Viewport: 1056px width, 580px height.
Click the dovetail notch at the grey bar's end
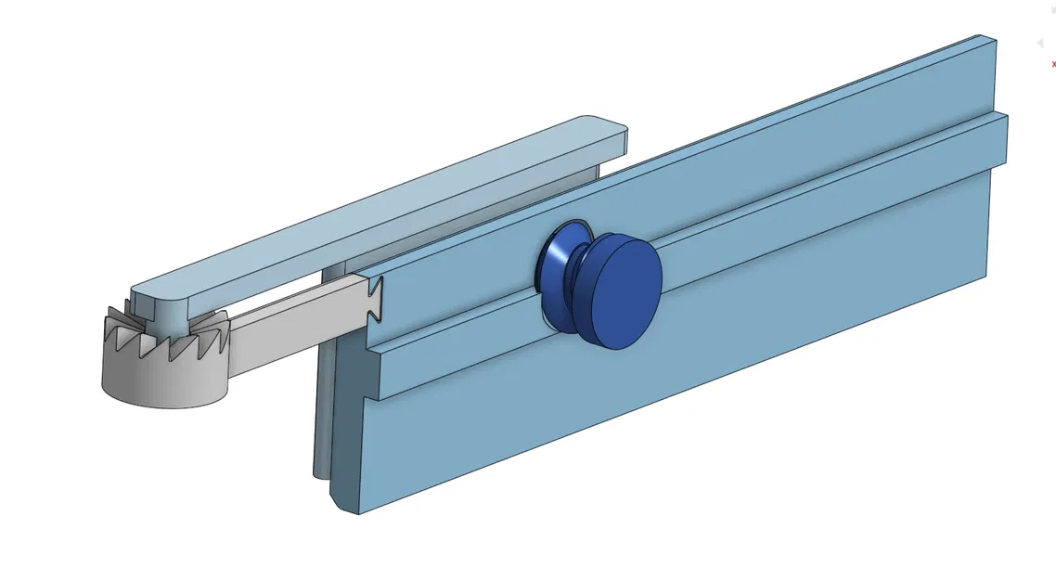point(375,301)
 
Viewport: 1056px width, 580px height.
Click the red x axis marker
point(1053,64)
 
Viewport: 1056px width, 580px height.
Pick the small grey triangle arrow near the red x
point(1039,44)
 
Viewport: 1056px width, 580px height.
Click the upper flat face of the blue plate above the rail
point(742,167)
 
